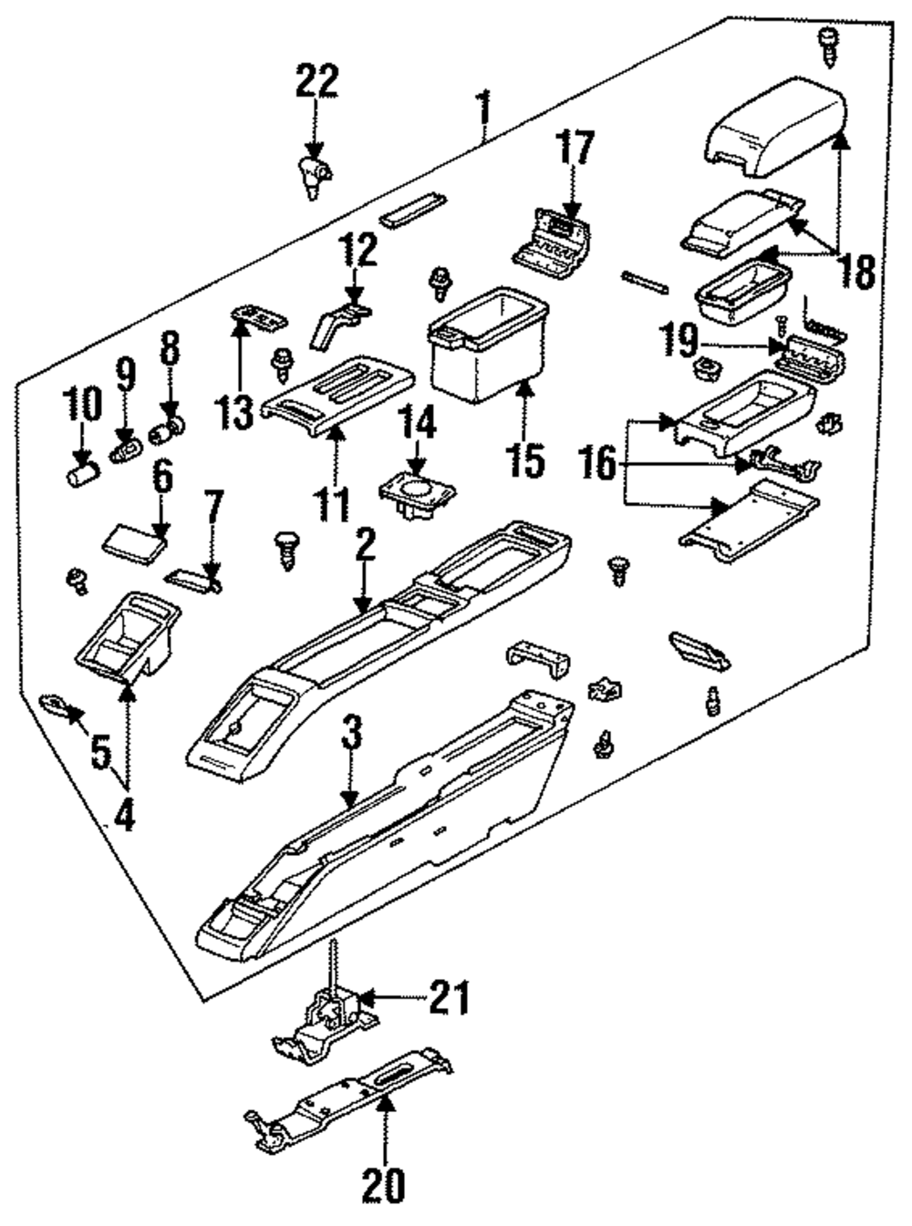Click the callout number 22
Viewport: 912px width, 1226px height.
tap(316, 81)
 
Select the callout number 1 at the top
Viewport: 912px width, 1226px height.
tap(484, 109)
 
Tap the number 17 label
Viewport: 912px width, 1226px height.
tap(576, 149)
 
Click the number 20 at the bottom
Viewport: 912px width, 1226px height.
tap(383, 1184)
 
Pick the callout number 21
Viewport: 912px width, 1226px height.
tap(450, 998)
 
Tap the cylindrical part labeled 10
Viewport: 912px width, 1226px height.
tap(83, 474)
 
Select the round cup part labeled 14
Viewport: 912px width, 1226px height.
tap(417, 493)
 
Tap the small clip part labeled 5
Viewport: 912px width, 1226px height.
tap(57, 705)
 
